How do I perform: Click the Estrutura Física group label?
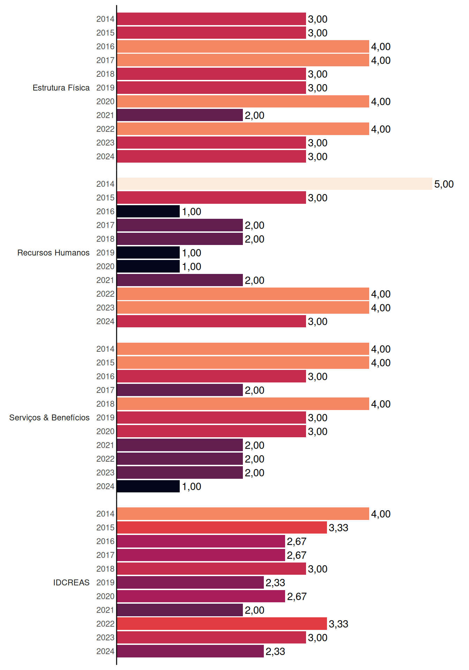click(x=61, y=88)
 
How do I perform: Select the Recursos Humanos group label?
click(x=53, y=253)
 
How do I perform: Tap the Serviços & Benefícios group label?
click(x=49, y=418)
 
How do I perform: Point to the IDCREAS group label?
click(x=72, y=582)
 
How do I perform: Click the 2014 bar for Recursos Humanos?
click(x=275, y=184)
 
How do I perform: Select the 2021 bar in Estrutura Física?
click(x=180, y=115)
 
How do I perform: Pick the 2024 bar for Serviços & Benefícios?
click(x=148, y=486)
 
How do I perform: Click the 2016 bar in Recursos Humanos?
click(x=148, y=211)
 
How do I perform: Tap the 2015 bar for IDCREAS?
click(x=222, y=528)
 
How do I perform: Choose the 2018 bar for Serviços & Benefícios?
click(x=243, y=404)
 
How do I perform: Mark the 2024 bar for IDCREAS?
click(x=191, y=651)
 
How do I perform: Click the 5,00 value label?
click(x=444, y=184)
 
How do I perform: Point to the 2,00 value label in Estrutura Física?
click(x=254, y=116)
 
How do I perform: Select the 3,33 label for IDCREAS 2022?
click(x=338, y=624)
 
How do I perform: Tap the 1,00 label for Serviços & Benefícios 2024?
click(x=192, y=486)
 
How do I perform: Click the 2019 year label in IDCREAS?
click(x=105, y=582)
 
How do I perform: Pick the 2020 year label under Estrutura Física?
click(x=105, y=102)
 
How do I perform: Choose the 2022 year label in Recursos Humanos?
click(x=105, y=294)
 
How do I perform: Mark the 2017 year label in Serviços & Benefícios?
click(x=105, y=390)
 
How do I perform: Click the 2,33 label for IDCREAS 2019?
click(x=275, y=583)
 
